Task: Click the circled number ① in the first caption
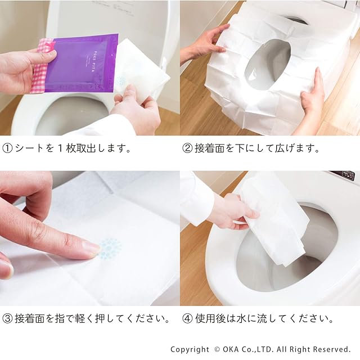(x=7, y=148)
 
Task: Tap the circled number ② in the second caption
(x=187, y=148)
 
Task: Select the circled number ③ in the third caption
(x=7, y=319)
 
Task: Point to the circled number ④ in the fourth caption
(x=187, y=319)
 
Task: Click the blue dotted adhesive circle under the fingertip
(x=110, y=249)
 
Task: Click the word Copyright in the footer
(x=190, y=350)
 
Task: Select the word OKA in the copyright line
(x=231, y=349)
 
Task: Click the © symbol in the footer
(x=217, y=349)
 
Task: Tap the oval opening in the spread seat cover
(x=268, y=64)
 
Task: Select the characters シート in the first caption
(x=30, y=148)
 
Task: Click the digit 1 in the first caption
(x=60, y=148)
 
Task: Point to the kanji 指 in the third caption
(x=60, y=319)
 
